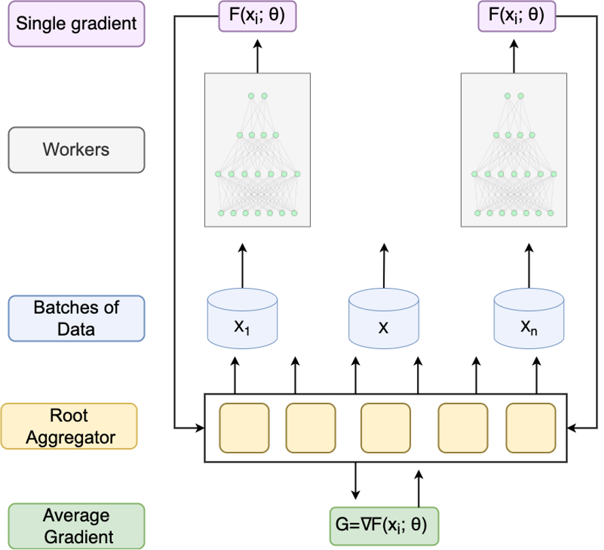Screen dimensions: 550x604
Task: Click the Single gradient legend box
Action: (76, 24)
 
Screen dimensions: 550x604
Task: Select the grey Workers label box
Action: (76, 149)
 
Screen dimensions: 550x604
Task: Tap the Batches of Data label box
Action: (76, 318)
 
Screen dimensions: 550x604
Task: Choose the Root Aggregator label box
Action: (69, 427)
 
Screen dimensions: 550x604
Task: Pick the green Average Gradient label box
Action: (76, 525)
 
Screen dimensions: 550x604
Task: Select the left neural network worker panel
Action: (258, 150)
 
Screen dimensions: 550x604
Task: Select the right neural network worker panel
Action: (514, 150)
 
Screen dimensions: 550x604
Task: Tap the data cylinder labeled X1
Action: (243, 317)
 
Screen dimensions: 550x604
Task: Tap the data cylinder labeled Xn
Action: (529, 317)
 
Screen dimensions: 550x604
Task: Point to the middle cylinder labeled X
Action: (384, 317)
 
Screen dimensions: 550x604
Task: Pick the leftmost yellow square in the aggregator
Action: (244, 427)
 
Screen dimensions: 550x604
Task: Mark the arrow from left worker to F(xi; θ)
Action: (258, 55)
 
